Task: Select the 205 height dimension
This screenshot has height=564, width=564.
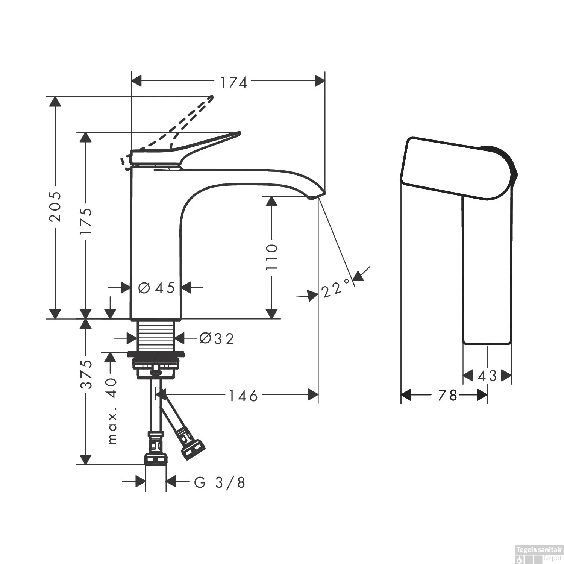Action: pyautogui.click(x=55, y=212)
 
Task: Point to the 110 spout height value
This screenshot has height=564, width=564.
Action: pyautogui.click(x=271, y=257)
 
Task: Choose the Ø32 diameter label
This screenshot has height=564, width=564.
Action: pyautogui.click(x=217, y=339)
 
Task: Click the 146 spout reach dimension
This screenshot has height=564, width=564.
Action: pyautogui.click(x=243, y=396)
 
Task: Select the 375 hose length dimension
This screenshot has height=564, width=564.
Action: pyautogui.click(x=86, y=374)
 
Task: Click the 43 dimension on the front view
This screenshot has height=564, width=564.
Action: pyautogui.click(x=487, y=376)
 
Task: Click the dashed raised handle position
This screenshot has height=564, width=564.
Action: pyautogui.click(x=188, y=117)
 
